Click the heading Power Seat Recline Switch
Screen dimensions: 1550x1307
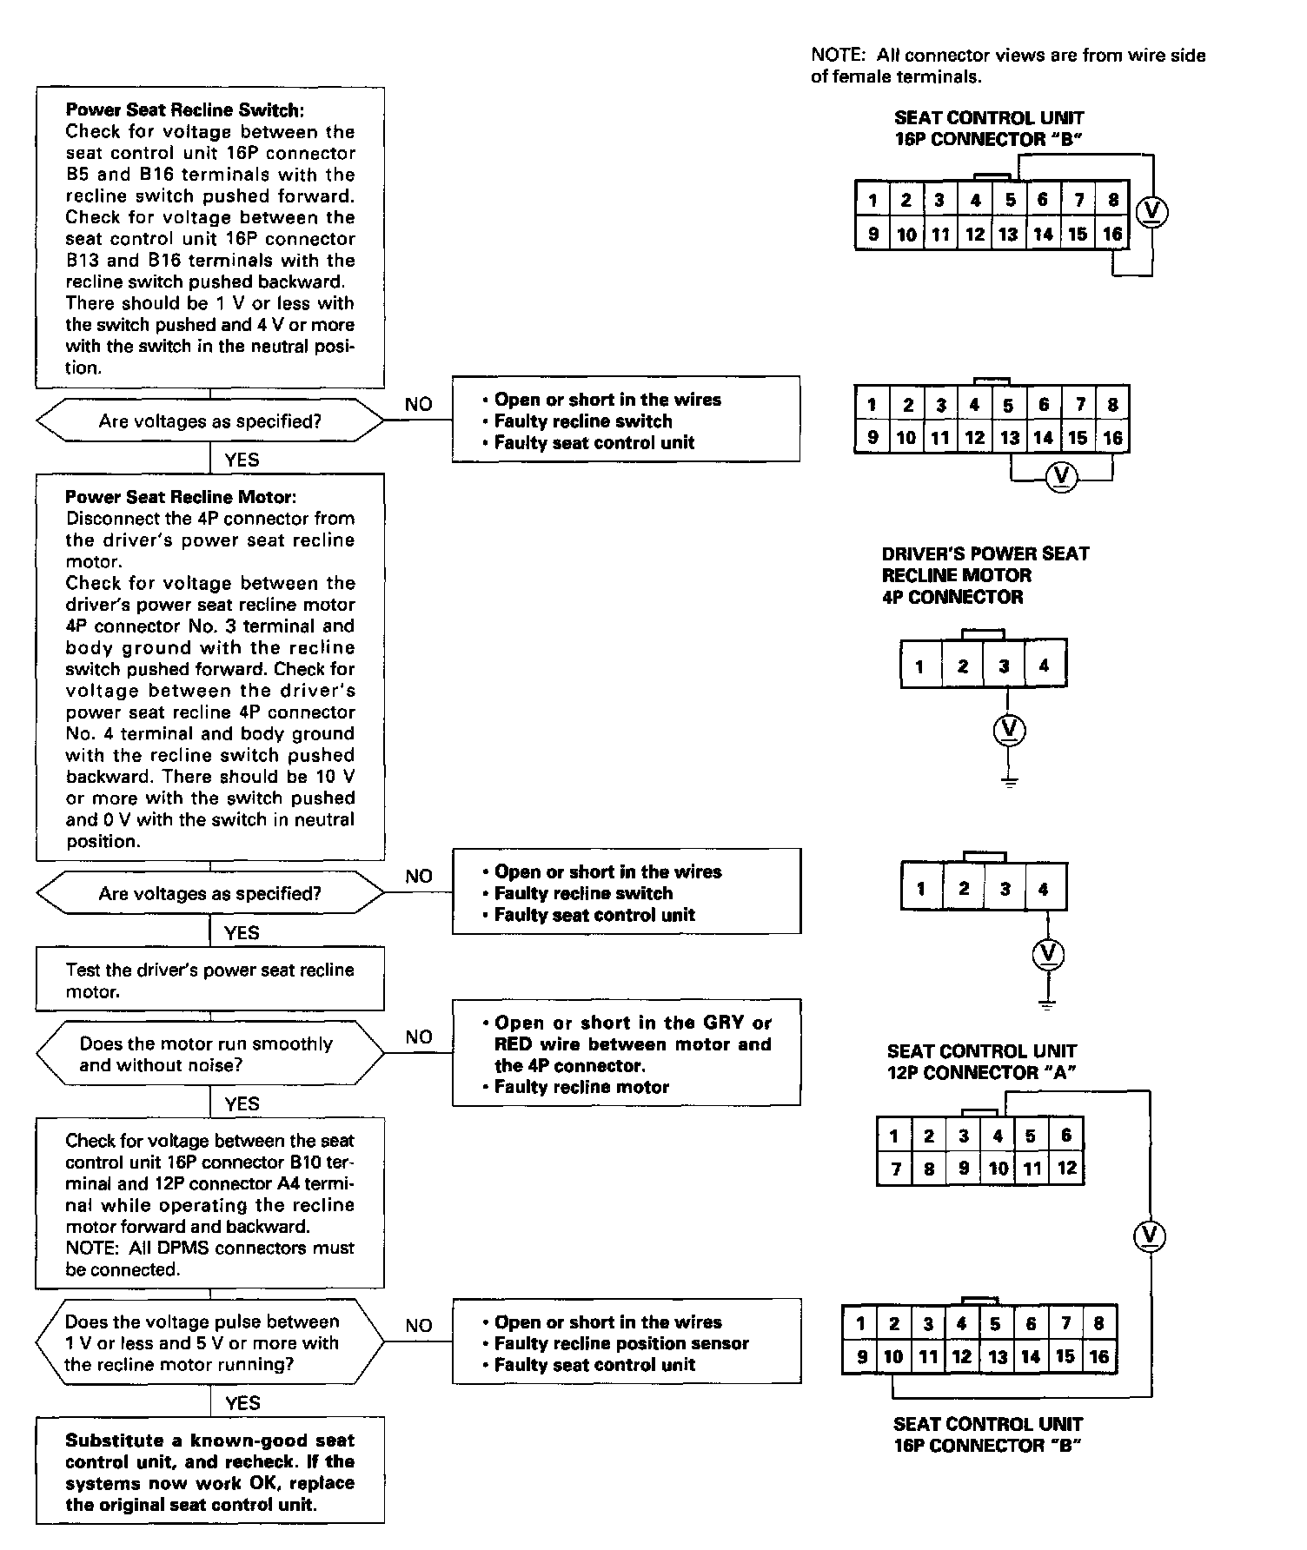pyautogui.click(x=184, y=110)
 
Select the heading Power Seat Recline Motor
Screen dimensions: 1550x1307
pyautogui.click(x=181, y=497)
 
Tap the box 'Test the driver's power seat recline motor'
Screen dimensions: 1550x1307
pyautogui.click(x=209, y=980)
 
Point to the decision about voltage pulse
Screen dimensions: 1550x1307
pyautogui.click(x=209, y=1342)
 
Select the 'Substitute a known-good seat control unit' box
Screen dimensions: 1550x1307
pyautogui.click(x=209, y=1472)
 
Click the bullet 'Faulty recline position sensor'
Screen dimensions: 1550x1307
pyautogui.click(x=620, y=1343)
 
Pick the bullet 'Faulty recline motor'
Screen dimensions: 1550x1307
pyautogui.click(x=581, y=1087)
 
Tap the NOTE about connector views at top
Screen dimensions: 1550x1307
pyautogui.click(x=1007, y=66)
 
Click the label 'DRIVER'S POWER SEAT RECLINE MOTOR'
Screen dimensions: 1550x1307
pyautogui.click(x=985, y=575)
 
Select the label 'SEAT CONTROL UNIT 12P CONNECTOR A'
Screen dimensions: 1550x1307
pyautogui.click(x=981, y=1062)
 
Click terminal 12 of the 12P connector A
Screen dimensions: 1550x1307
pyautogui.click(x=1066, y=1169)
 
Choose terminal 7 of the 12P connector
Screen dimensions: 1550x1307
pyautogui.click(x=894, y=1169)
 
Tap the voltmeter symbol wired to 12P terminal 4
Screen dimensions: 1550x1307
pyautogui.click(x=1150, y=1236)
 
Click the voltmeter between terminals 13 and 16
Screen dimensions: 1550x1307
pyautogui.click(x=1060, y=476)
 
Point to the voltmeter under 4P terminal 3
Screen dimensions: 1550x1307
pyautogui.click(x=1008, y=730)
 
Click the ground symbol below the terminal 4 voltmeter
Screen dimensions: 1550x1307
pyautogui.click(x=1047, y=1004)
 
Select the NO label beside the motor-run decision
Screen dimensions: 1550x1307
pyautogui.click(x=418, y=1037)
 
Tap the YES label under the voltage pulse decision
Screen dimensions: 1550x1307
pyautogui.click(x=242, y=1403)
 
